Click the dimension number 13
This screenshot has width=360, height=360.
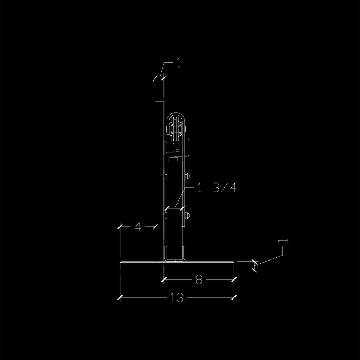tap(177, 297)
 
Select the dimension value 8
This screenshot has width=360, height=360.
tap(199, 279)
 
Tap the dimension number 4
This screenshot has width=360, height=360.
tap(137, 227)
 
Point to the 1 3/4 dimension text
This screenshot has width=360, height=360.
tap(217, 188)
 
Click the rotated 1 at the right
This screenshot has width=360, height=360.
tap(283, 241)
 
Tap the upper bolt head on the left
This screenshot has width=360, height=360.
tap(166, 176)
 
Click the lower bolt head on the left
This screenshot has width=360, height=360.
tap(166, 215)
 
